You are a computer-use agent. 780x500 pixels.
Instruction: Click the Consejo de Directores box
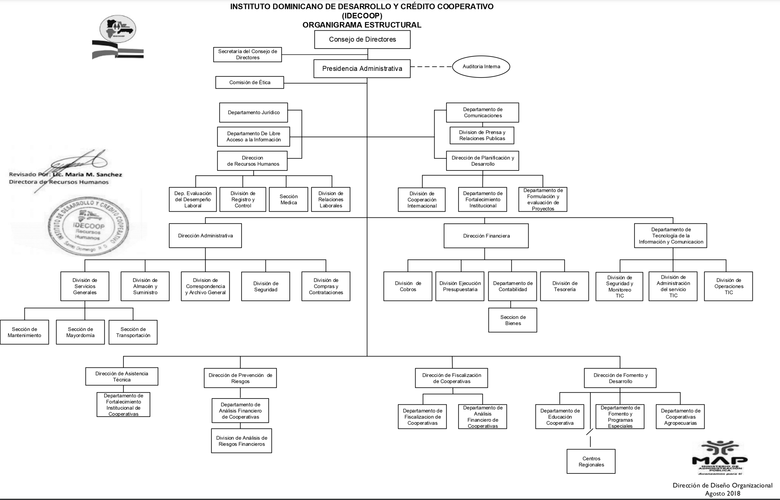(362, 40)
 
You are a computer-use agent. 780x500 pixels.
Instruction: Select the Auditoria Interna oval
(481, 66)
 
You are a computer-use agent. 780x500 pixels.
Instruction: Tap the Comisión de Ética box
(250, 82)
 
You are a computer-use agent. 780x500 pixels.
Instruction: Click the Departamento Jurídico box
(253, 112)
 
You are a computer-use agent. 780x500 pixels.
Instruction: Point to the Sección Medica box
(289, 199)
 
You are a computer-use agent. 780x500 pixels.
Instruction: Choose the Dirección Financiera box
(486, 236)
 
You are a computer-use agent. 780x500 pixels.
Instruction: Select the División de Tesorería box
(565, 286)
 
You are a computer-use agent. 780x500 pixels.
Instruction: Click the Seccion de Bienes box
(513, 320)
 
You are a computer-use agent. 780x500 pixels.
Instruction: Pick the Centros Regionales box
(591, 461)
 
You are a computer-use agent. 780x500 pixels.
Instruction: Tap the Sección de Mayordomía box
(80, 332)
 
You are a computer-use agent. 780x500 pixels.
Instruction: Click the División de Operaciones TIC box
(728, 286)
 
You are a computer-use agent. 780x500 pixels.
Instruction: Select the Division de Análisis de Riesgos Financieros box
(241, 441)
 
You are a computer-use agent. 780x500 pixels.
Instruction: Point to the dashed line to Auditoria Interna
(431, 66)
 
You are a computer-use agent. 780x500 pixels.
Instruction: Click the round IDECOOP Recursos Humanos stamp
(88, 226)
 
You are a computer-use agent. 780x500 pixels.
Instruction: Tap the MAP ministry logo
(720, 458)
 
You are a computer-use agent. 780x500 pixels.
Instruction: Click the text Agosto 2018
(723, 494)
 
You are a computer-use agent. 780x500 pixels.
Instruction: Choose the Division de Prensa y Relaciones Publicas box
(482, 135)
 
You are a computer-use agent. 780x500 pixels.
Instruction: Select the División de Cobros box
(408, 286)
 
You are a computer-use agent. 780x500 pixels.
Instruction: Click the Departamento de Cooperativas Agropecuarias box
(680, 417)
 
